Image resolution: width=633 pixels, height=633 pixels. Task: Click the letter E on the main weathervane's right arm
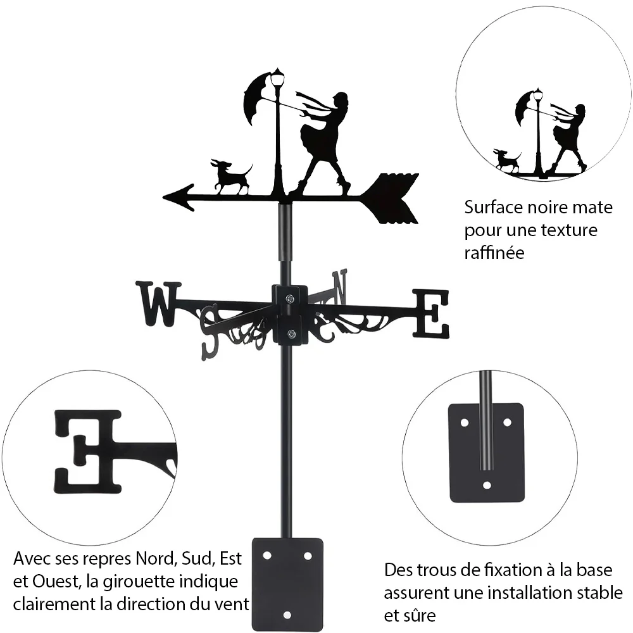pyautogui.click(x=430, y=314)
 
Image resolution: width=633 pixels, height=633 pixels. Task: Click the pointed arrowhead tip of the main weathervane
pyautogui.click(x=163, y=197)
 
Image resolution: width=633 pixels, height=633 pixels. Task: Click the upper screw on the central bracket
pyautogui.click(x=289, y=299)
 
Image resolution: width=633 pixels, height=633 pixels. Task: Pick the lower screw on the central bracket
pyautogui.click(x=290, y=334)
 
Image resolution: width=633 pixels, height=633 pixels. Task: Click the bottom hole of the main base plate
pyautogui.click(x=287, y=615)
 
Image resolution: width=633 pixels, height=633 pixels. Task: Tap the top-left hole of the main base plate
pyautogui.click(x=267, y=556)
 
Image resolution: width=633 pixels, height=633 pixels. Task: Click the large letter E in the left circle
pyautogui.click(x=87, y=452)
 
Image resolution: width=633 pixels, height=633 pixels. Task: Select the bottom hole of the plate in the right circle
pyautogui.click(x=487, y=485)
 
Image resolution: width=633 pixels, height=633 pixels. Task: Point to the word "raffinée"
pyautogui.click(x=494, y=253)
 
